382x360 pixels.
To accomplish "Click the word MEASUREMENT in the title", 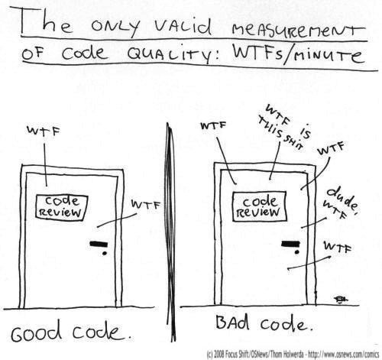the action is coord(299,29).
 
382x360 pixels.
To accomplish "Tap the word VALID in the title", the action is coord(183,26).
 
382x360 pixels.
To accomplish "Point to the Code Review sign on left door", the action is coord(61,206).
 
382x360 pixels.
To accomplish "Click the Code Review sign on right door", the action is coord(259,206).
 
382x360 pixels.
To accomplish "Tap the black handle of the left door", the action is coord(99,244).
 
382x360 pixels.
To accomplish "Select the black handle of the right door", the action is coord(290,244).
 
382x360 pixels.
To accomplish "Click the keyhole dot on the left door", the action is coord(105,253).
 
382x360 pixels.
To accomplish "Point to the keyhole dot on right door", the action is coord(296,252).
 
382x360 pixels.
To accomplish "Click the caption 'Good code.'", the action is coord(71,330).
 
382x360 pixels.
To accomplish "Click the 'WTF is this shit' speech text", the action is coord(285,127).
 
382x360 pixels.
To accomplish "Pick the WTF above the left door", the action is coord(44,131).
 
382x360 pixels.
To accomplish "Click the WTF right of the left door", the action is coord(146,204).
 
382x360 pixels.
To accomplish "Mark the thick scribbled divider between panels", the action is coord(170,232).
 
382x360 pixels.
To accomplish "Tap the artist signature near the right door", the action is coord(341,300).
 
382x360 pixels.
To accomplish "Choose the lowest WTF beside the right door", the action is coord(337,247).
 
